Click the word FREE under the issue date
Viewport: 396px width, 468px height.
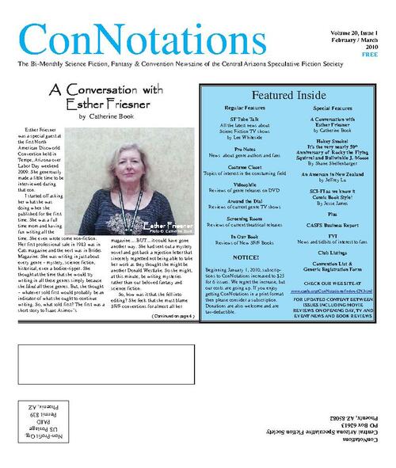click(x=371, y=54)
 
